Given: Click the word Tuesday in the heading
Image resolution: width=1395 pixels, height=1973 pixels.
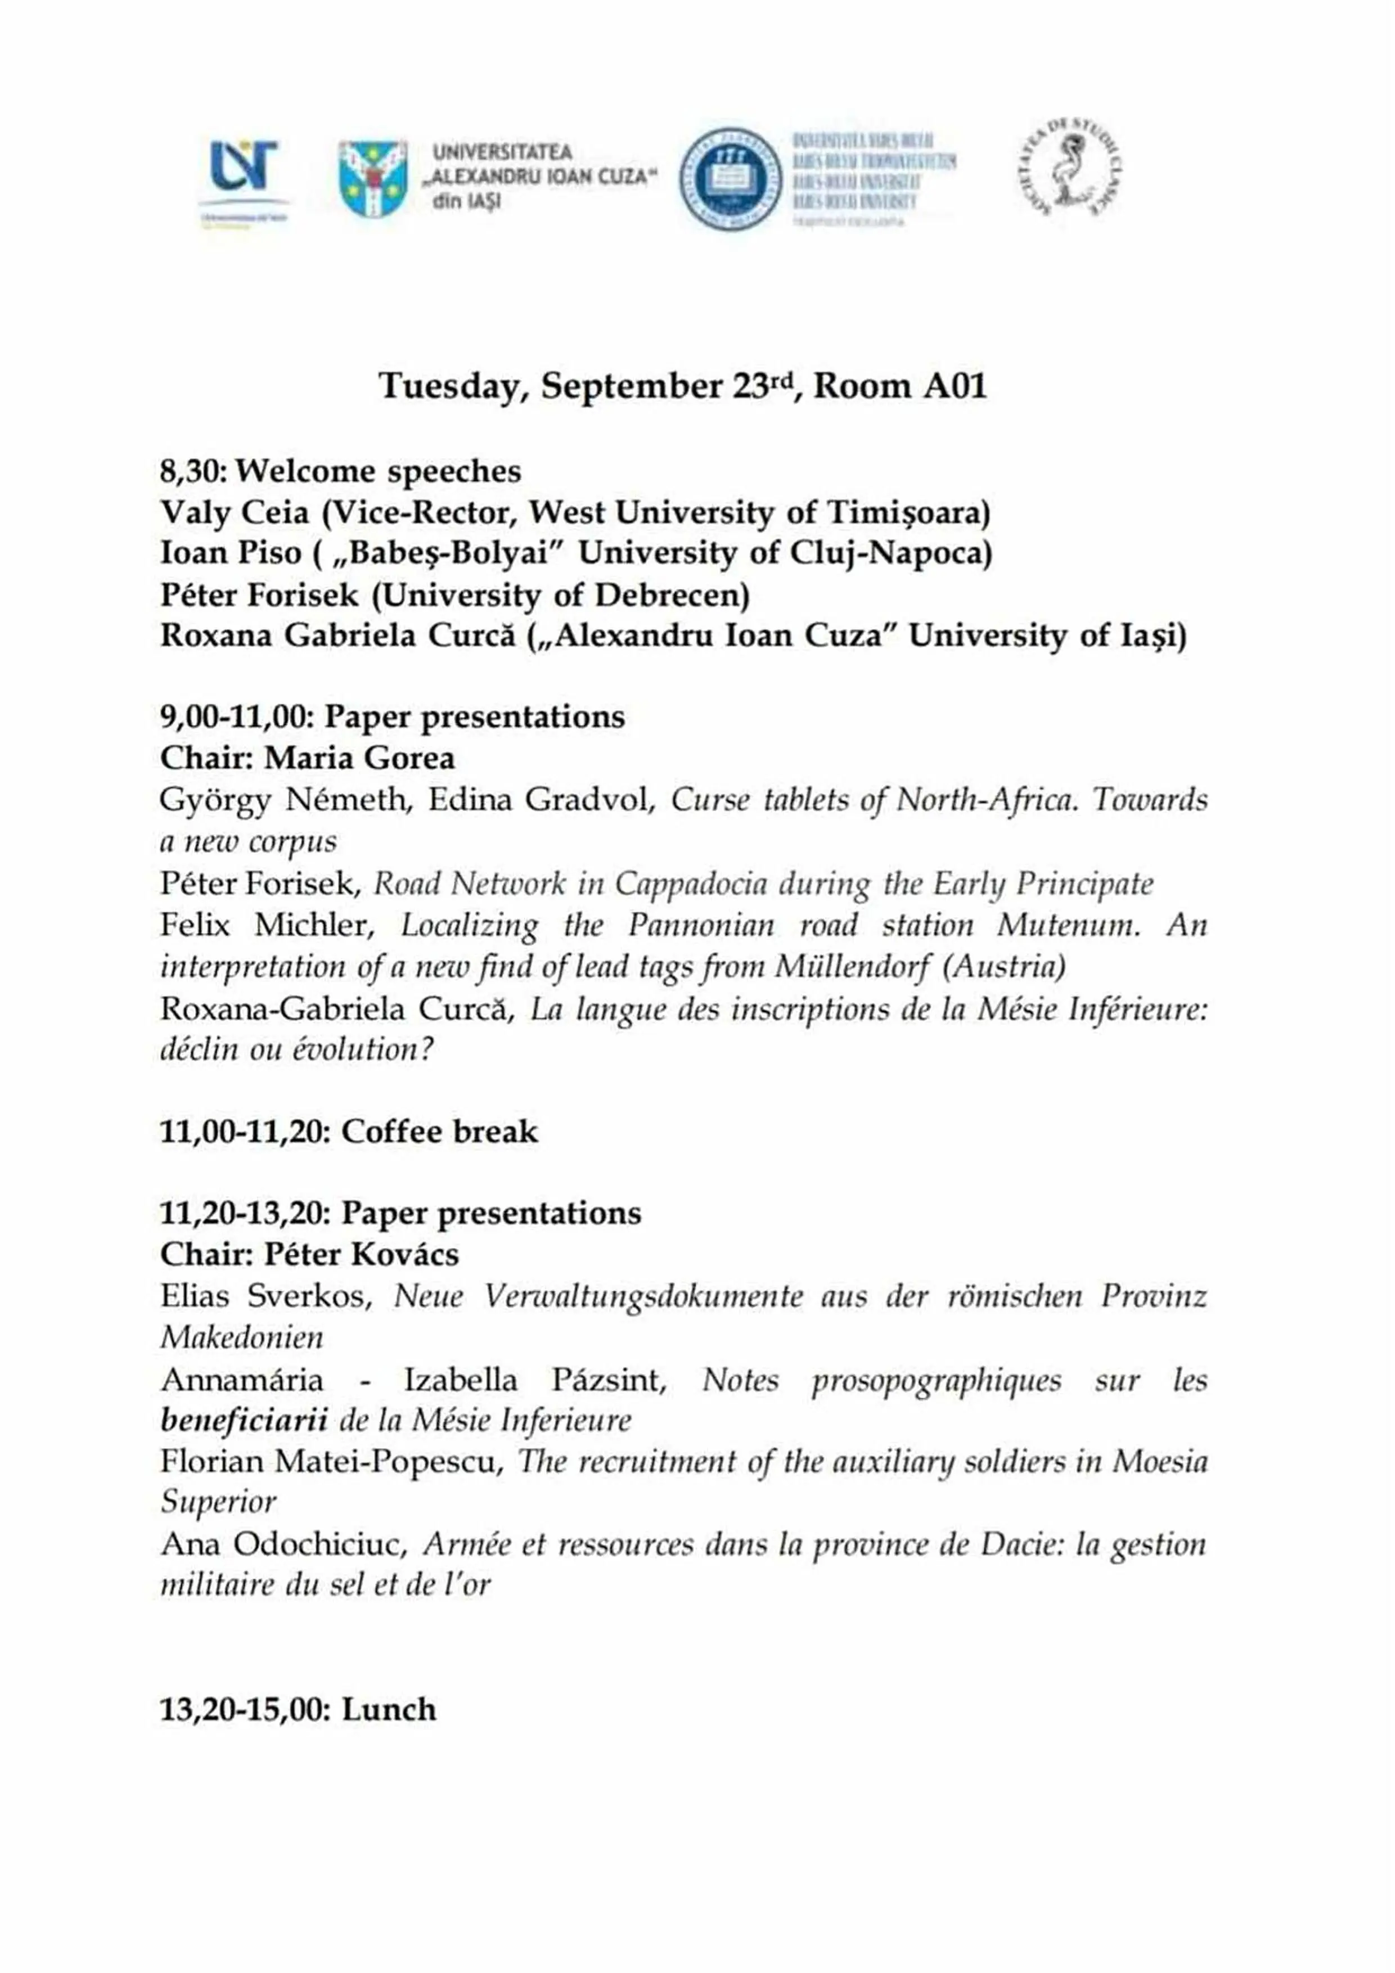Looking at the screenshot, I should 452,386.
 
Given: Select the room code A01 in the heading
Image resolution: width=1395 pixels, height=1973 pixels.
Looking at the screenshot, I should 955,386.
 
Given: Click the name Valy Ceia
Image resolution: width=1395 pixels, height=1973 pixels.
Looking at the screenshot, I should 234,513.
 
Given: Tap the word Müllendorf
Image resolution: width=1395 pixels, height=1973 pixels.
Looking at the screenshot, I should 851,967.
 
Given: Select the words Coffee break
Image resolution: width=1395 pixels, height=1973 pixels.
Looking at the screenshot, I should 439,1132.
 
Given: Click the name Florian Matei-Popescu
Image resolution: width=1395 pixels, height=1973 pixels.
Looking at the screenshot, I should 331,1462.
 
